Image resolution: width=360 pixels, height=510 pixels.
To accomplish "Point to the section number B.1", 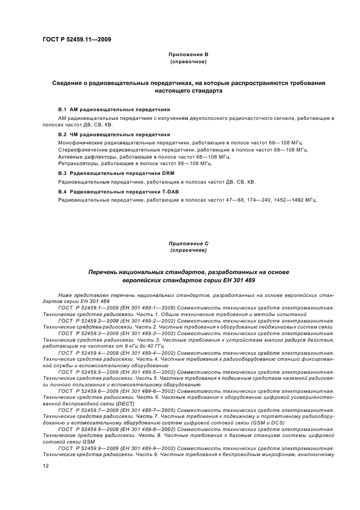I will pyautogui.click(x=62, y=110).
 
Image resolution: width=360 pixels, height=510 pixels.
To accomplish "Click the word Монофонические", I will pyautogui.click(x=80, y=142).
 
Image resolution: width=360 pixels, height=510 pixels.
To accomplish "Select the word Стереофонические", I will pyautogui.click(x=83, y=149).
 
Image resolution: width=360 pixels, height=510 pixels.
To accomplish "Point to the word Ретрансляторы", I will pyautogui.click(x=76, y=163).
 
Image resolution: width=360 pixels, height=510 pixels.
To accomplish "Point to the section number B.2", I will pyautogui.click(x=62, y=134).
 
